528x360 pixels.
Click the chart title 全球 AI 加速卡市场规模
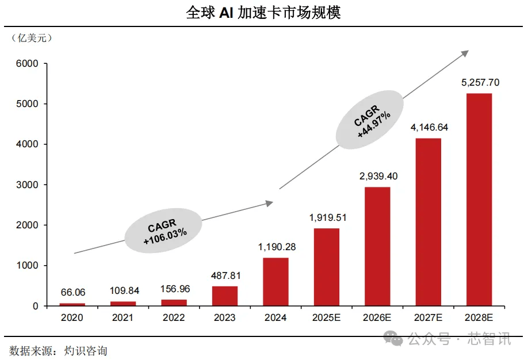pos(263,13)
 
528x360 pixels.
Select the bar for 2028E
pos(479,199)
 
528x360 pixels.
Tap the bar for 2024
pos(276,282)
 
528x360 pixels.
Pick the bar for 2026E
pos(377,246)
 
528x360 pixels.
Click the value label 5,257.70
pos(480,82)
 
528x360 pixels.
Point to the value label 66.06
pos(72,292)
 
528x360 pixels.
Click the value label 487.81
pos(225,274)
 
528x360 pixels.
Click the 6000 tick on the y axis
pos(28,64)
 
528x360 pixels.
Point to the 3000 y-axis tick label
pos(28,185)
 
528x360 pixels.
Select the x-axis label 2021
pos(123,317)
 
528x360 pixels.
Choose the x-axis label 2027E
pos(428,317)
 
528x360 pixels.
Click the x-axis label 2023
pos(224,317)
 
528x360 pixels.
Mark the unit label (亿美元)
pos(32,39)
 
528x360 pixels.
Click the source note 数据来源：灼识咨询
pos(58,350)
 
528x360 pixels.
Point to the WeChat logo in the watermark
pos(394,340)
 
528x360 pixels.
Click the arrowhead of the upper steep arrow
pos(465,53)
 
